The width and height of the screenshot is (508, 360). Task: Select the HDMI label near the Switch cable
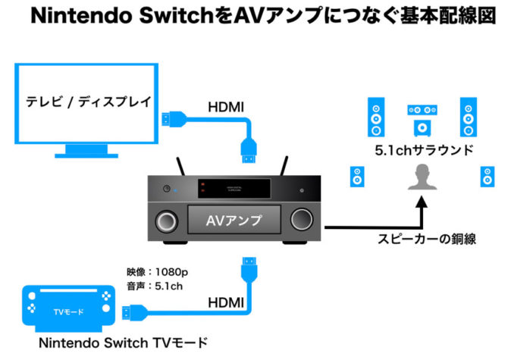pos(226,302)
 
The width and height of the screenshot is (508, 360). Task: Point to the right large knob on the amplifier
pos(302,221)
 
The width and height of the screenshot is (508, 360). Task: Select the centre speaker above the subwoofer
pos(422,110)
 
